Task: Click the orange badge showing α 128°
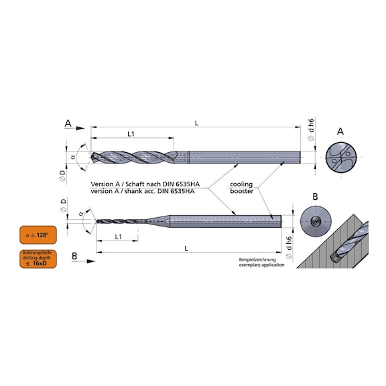click(38, 235)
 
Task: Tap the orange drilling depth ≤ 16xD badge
click(38, 259)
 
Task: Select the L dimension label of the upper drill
click(196, 123)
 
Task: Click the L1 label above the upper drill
click(131, 134)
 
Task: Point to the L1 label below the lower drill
click(119, 237)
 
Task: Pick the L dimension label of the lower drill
click(186, 249)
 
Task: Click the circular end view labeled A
click(341, 157)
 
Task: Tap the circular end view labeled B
click(316, 221)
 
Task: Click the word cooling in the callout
click(241, 184)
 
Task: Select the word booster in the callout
click(241, 191)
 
